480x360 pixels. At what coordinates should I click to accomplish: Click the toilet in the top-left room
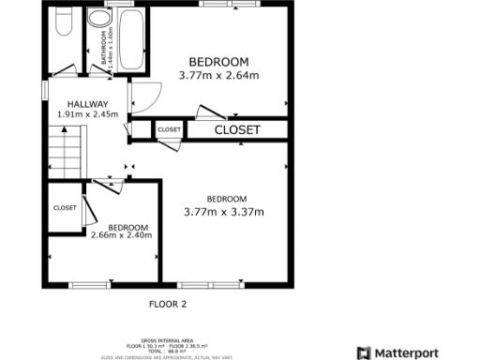point(63,23)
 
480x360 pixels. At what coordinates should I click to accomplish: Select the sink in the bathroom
point(97,22)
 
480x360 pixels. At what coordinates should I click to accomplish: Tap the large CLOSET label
point(237,130)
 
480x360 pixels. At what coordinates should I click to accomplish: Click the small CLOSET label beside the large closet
point(170,129)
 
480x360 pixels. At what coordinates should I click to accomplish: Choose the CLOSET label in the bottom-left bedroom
point(65,207)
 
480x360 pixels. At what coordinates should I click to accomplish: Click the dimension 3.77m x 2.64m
point(218,75)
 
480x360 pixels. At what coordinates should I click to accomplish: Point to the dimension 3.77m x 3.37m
point(225,212)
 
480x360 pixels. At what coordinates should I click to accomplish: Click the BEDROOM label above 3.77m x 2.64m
point(218,62)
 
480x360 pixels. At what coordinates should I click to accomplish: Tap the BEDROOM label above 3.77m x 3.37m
point(226,199)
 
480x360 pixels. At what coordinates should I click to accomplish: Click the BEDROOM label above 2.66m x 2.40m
point(127,226)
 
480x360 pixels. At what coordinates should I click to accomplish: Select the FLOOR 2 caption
point(169,304)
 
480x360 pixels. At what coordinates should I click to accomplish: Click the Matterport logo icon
point(363,353)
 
